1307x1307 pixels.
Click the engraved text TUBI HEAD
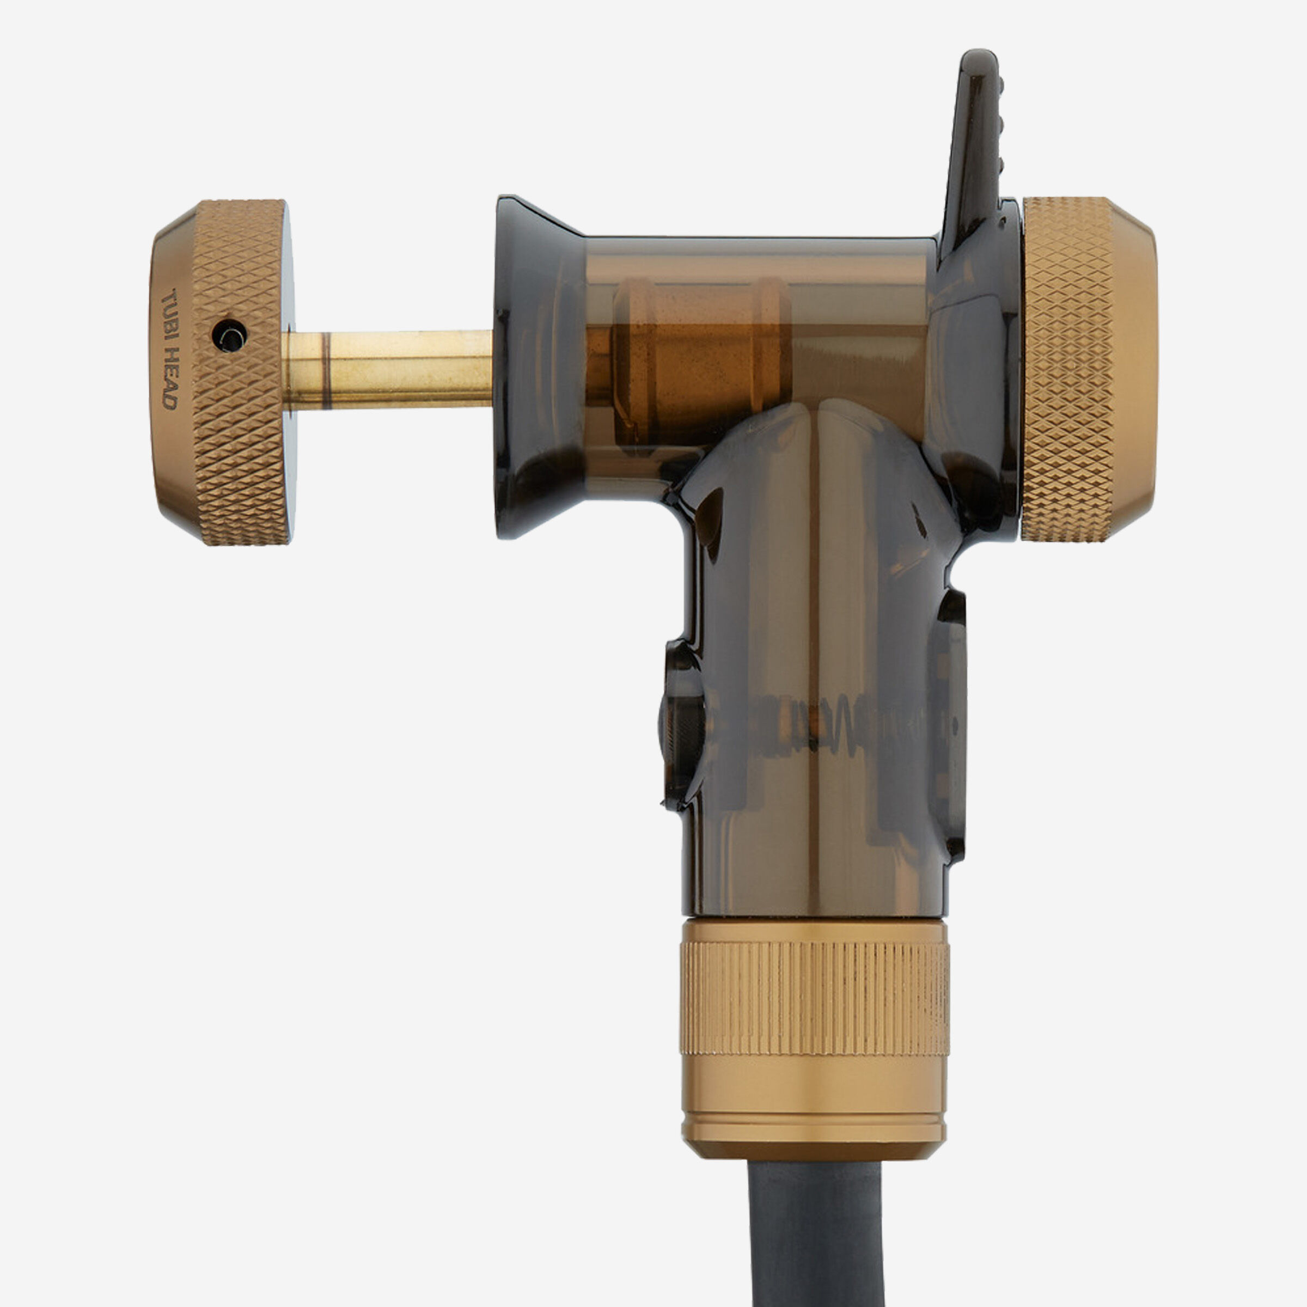tap(170, 349)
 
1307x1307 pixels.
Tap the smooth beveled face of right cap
tap(1134, 369)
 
